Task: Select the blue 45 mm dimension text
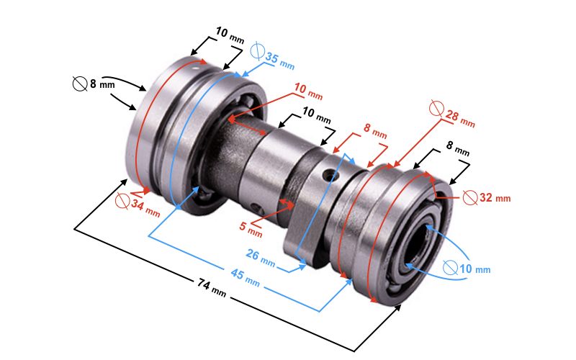point(245,277)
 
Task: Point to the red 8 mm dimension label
point(371,133)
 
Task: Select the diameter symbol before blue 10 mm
point(451,268)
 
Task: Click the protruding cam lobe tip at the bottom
point(301,258)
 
